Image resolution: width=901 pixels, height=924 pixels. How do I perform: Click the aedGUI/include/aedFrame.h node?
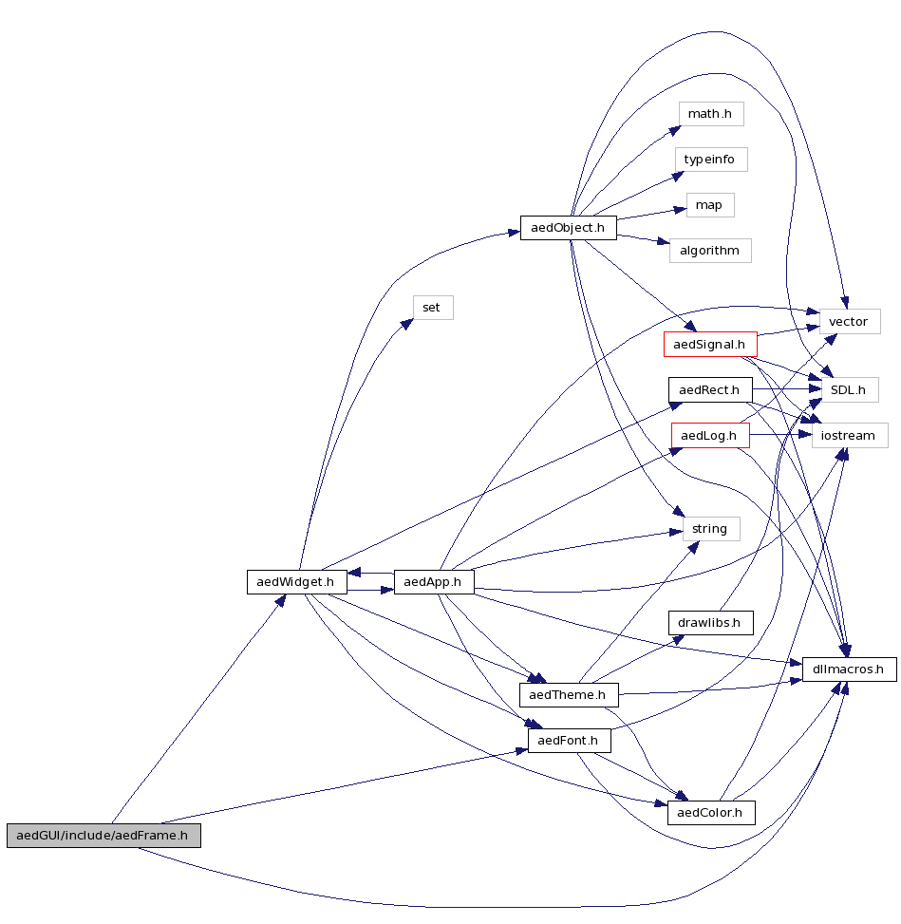coord(103,836)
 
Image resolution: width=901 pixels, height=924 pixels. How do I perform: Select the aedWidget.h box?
coord(296,581)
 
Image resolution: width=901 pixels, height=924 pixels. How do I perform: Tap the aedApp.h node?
coord(433,581)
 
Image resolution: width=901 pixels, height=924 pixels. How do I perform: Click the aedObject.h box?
coord(569,228)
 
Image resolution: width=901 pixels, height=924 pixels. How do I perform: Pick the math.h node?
coord(710,114)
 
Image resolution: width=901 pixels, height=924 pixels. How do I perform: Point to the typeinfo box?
coord(710,159)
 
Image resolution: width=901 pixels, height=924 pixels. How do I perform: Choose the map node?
coord(709,205)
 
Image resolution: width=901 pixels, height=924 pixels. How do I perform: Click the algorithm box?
coord(710,251)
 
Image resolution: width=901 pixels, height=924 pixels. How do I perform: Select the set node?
coord(432,308)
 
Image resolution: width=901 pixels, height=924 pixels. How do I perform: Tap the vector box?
coord(849,322)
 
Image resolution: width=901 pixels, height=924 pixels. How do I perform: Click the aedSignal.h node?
coord(709,344)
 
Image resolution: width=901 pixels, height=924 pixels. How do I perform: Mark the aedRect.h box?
coord(710,389)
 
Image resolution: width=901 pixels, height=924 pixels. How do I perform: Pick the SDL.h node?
coord(849,389)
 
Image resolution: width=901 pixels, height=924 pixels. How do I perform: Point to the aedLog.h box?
coord(710,435)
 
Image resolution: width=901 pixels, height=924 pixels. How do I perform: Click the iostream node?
coord(849,435)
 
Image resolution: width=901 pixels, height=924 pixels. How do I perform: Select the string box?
coord(710,529)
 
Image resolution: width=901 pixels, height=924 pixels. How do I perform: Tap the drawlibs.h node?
coord(710,623)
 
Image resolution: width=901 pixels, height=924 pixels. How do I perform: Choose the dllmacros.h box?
coord(849,669)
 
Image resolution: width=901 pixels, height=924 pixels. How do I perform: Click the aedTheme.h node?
coord(568,695)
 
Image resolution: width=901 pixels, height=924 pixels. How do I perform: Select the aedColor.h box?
coord(711,813)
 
